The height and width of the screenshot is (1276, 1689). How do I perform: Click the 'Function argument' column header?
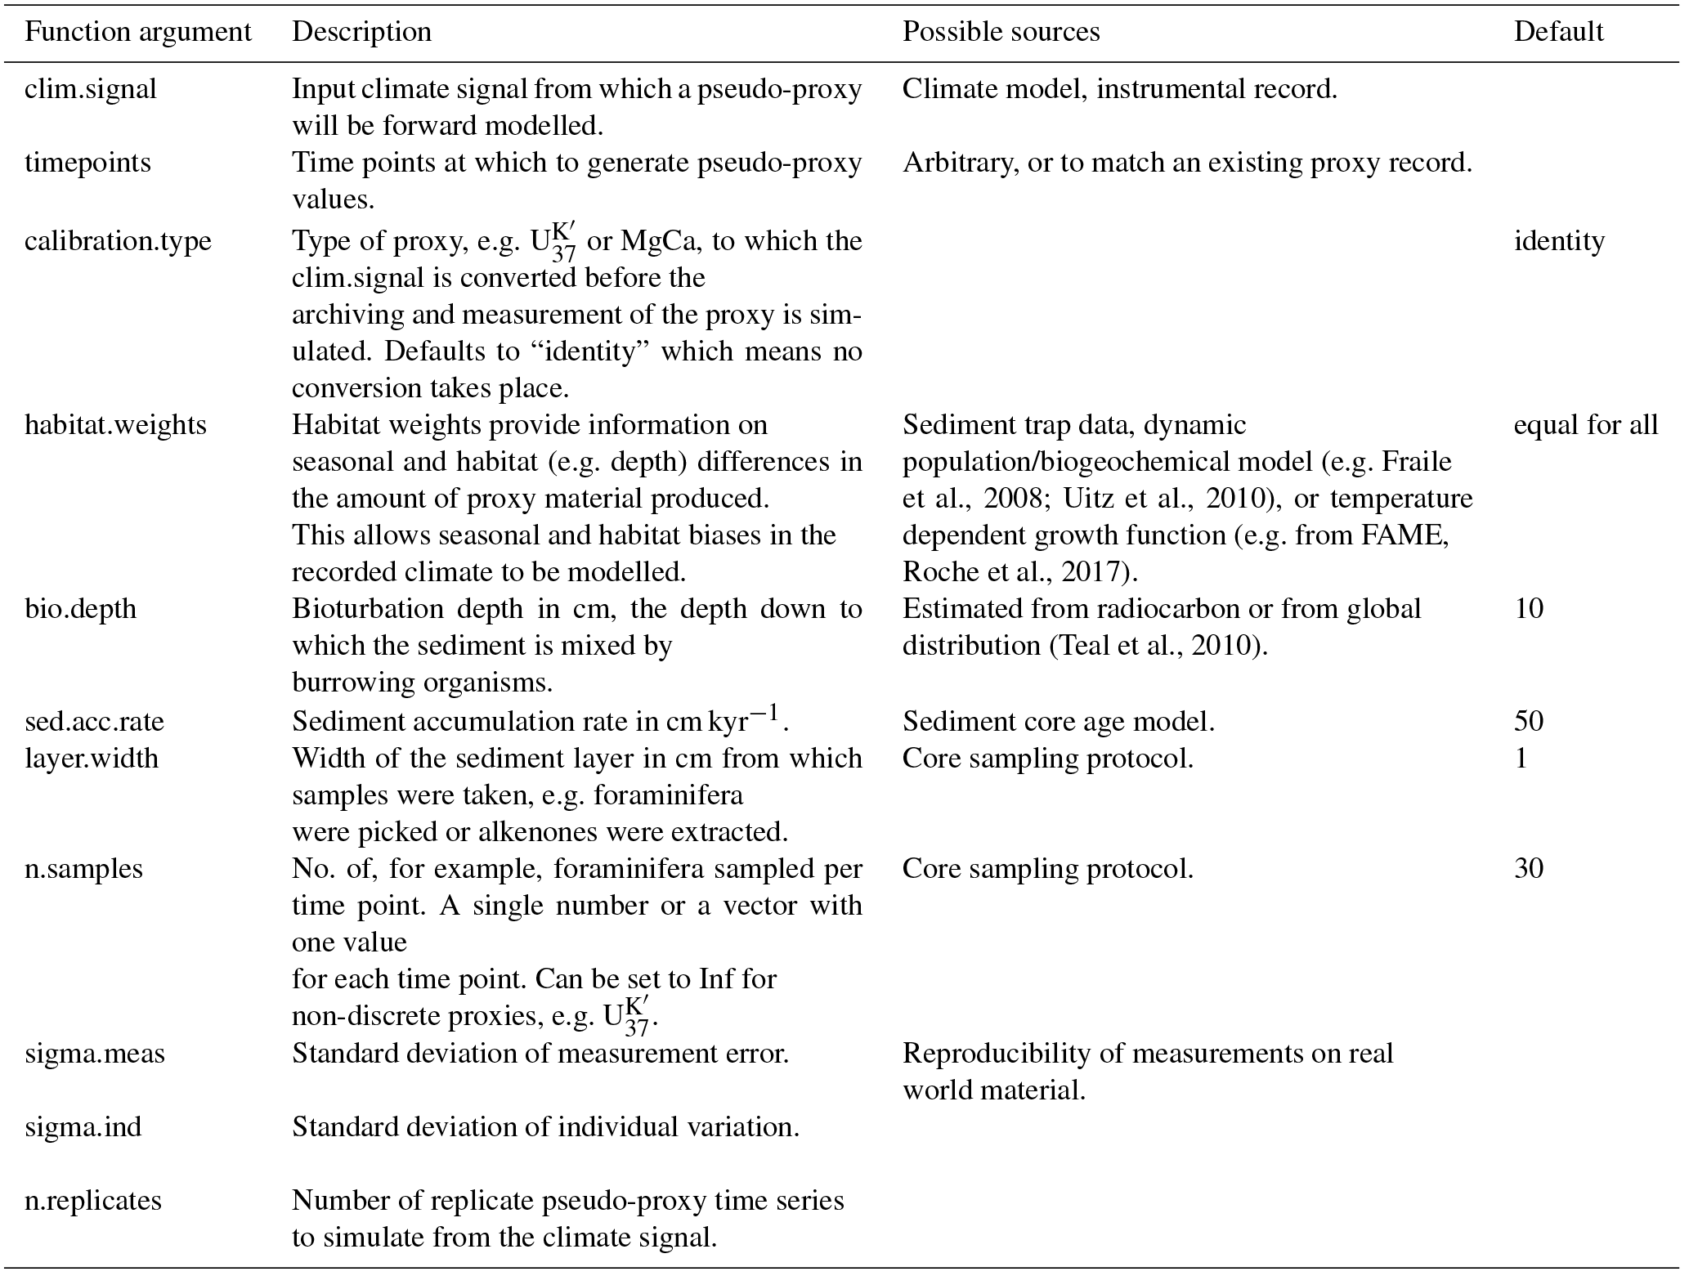(x=137, y=32)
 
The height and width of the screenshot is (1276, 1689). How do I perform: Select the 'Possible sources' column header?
(x=1001, y=32)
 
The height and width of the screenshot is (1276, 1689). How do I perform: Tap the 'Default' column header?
(x=1558, y=32)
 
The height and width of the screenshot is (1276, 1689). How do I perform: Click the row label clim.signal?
(x=90, y=89)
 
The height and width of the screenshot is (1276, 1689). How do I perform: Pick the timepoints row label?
(x=87, y=163)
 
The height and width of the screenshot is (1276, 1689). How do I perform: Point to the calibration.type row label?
(x=118, y=241)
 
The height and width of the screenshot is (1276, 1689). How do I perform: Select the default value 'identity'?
(x=1559, y=241)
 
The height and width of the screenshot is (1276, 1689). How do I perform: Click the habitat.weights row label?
(x=115, y=425)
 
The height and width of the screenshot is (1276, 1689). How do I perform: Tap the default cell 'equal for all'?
(x=1586, y=425)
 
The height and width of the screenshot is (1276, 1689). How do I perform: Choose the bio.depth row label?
(x=80, y=609)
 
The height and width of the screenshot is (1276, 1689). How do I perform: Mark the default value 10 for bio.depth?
(x=1529, y=609)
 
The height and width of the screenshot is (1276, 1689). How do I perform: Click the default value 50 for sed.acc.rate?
(x=1529, y=721)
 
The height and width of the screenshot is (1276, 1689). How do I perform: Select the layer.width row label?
(x=92, y=759)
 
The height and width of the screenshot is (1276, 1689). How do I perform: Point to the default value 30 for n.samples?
(x=1529, y=868)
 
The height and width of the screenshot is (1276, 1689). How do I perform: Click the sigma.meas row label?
(x=95, y=1054)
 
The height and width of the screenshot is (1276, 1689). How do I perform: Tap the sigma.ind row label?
(x=83, y=1127)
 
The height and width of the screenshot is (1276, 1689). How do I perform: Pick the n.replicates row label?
(x=93, y=1201)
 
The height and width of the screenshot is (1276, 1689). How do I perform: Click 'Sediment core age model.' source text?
(x=1058, y=721)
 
